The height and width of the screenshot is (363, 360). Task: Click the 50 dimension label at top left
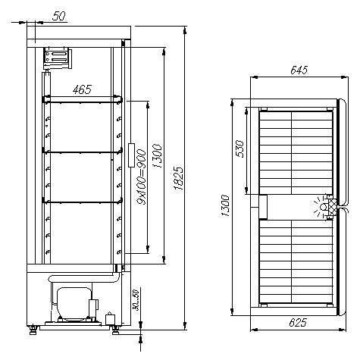[59, 16]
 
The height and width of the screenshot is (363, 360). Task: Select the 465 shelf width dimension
[82, 89]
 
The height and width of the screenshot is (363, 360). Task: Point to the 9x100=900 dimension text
[142, 177]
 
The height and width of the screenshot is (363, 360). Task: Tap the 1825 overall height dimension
[178, 178]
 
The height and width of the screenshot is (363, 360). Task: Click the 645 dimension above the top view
[299, 70]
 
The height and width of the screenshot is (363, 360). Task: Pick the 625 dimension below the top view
[298, 322]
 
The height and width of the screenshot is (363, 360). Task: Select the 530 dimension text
[239, 149]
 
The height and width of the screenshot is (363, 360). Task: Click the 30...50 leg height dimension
[136, 300]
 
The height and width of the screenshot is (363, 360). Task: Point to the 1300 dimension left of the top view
[225, 205]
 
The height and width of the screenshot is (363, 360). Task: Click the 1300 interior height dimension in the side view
[157, 156]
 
